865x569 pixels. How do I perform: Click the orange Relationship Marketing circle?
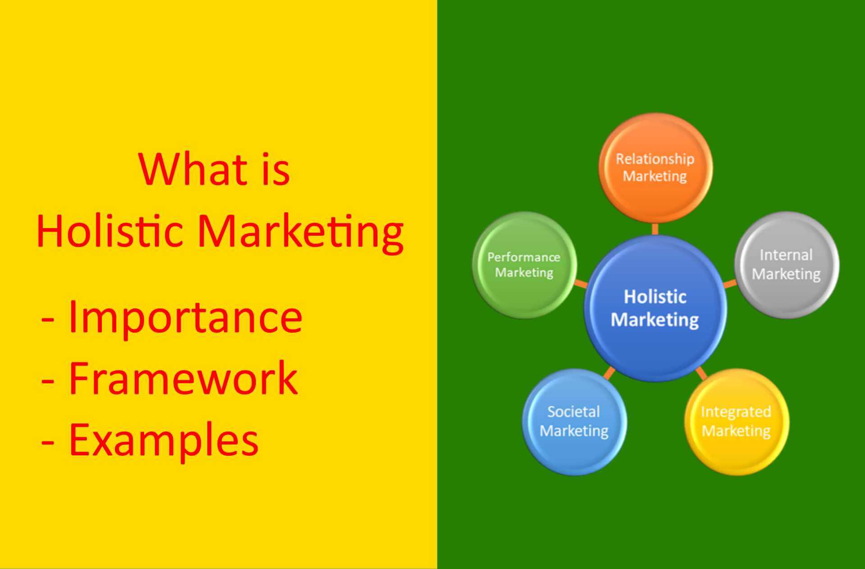(656, 167)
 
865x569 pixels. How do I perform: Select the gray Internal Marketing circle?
(787, 265)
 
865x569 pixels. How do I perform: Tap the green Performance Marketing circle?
(524, 265)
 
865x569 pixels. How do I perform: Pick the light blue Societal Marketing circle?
(574, 422)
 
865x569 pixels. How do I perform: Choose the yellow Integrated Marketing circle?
(736, 422)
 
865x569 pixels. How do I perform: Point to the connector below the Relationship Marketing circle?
(655, 229)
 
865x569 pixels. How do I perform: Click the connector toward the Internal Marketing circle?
(730, 284)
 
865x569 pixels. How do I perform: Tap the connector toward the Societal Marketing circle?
(609, 373)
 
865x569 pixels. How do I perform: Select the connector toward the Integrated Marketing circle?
(701, 373)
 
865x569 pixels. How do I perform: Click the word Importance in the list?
(185, 317)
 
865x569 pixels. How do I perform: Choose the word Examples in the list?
(164, 439)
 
